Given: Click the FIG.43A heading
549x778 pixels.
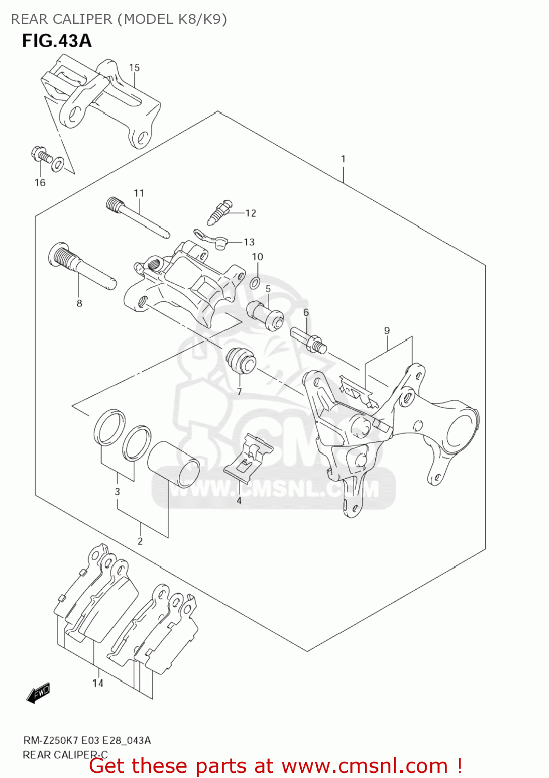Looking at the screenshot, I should coord(57,41).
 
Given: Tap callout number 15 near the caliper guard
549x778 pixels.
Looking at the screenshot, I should coord(134,67).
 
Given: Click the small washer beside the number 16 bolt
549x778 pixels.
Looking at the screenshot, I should coord(59,164).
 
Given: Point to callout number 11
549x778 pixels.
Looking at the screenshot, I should coord(139,193).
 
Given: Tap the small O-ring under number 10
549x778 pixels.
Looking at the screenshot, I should coord(255,283).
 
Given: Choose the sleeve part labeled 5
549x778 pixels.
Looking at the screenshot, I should coord(265,315).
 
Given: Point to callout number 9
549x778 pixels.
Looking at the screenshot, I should coord(387,330).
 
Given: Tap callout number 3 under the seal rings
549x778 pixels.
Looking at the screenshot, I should coord(118,491).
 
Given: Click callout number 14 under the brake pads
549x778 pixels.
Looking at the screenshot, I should coord(98,683).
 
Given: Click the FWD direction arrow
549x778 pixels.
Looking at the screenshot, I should coord(39,692).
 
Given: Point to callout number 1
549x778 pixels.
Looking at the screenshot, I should coord(343,159).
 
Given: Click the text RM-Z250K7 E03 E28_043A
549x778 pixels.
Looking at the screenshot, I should coord(87,740).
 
